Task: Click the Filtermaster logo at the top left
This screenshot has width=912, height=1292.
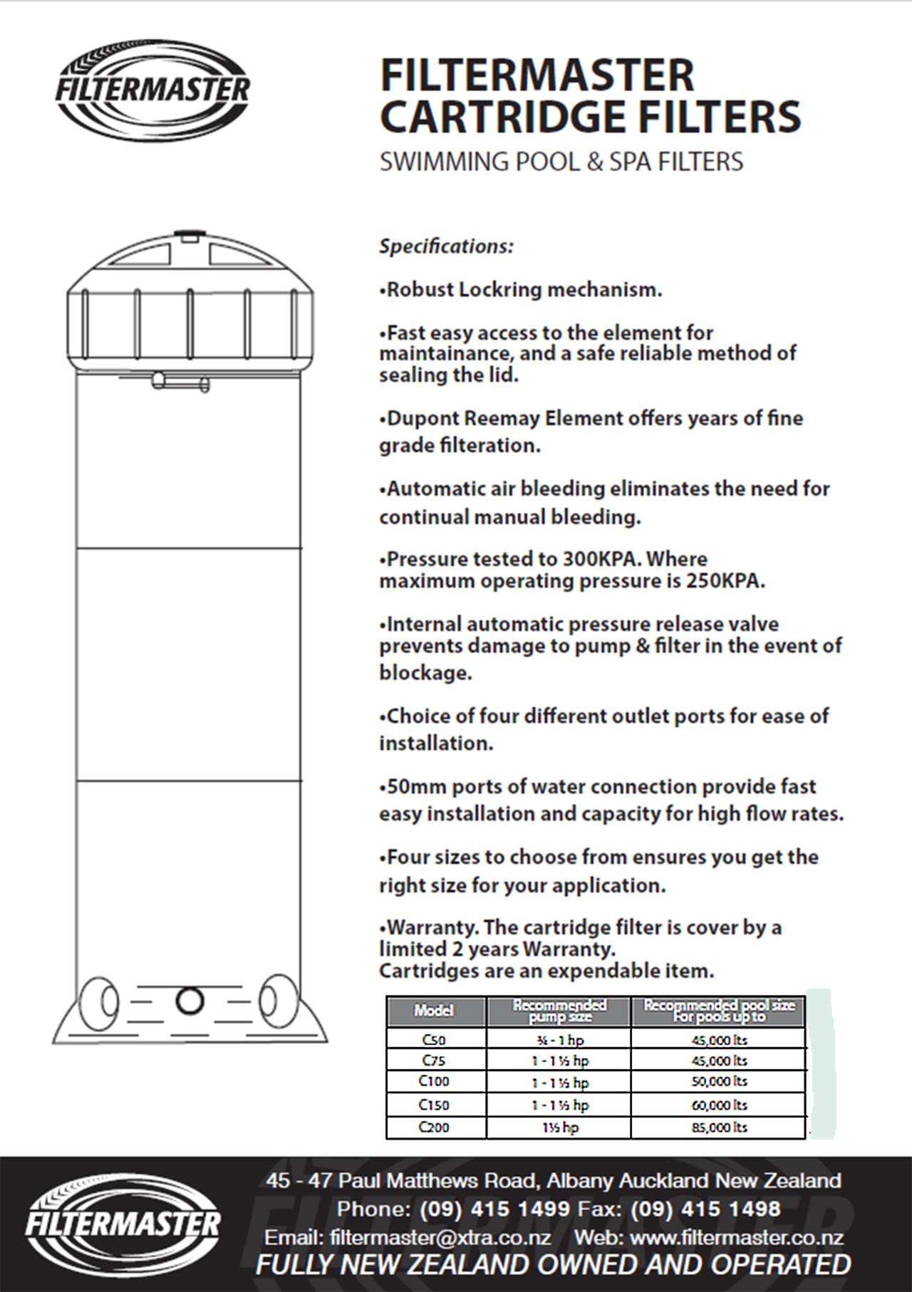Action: point(153,90)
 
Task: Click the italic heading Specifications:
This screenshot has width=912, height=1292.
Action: point(446,246)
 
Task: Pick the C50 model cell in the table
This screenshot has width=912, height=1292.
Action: point(434,1040)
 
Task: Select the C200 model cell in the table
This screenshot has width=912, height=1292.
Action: point(434,1127)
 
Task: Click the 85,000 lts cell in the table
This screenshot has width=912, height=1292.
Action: point(720,1127)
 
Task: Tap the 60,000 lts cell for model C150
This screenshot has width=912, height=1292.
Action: point(720,1105)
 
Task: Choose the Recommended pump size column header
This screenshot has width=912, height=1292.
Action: point(559,1011)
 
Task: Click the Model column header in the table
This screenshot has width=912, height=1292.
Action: point(434,1011)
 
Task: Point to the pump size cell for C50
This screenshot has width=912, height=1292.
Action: point(559,1040)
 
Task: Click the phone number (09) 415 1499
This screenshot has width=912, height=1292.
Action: point(495,1209)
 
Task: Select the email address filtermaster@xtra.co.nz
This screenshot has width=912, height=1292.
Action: point(440,1237)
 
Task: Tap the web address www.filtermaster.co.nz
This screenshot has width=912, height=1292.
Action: point(737,1237)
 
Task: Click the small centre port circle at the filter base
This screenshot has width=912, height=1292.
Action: point(190,1001)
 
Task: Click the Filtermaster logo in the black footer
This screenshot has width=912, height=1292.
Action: point(123,1223)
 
